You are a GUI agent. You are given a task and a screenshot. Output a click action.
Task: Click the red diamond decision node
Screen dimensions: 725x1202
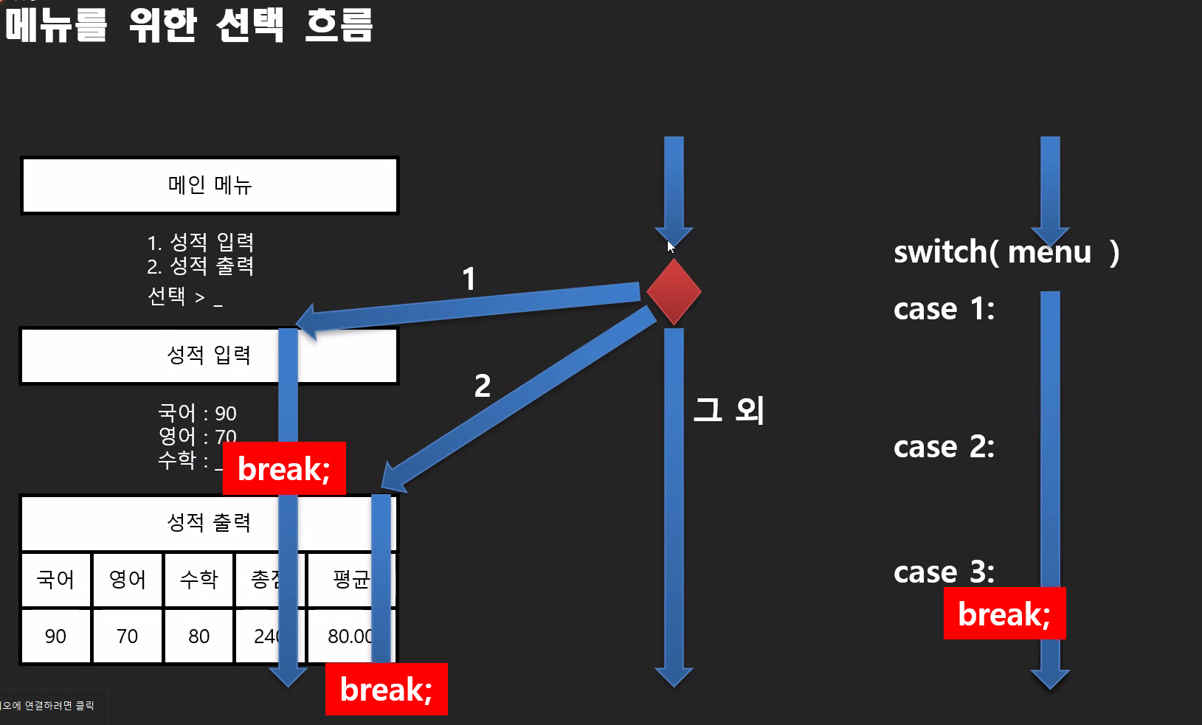tap(673, 291)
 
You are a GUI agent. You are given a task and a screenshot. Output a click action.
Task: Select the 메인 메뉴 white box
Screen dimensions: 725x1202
tap(210, 185)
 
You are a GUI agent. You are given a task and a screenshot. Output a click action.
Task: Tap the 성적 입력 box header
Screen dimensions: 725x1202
tap(209, 355)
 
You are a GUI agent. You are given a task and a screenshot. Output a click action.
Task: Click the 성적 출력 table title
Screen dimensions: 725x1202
tap(209, 523)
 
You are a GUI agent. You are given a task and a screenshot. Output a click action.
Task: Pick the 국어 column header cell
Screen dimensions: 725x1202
tap(56, 580)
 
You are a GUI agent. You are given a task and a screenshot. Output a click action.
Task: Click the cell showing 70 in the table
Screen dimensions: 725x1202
tap(127, 636)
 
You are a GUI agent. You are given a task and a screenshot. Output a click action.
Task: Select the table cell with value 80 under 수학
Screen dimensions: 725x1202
tap(198, 636)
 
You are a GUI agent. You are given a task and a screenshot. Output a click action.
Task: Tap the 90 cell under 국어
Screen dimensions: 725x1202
tap(55, 636)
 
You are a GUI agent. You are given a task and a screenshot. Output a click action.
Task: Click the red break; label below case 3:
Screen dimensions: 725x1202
tap(1004, 614)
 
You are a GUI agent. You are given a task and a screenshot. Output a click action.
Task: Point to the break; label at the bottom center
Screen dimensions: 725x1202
tap(386, 690)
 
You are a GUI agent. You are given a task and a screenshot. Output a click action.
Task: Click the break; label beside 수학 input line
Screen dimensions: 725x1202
tap(284, 469)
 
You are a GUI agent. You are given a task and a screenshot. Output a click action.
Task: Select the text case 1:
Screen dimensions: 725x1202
tap(944, 309)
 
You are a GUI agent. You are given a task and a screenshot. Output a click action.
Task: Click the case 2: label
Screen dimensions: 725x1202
tap(944, 447)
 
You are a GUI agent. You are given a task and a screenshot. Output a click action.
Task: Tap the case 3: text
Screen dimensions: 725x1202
tap(944, 572)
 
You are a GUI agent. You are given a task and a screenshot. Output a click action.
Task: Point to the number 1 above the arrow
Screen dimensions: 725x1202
tap(469, 280)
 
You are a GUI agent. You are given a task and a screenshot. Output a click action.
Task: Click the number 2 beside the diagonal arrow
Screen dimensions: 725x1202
tap(483, 386)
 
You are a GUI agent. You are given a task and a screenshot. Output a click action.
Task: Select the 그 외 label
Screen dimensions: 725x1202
tap(728, 410)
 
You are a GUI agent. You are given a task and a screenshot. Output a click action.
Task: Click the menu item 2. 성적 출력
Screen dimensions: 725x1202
tap(200, 266)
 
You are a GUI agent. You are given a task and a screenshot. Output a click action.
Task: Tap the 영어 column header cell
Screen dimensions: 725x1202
tap(127, 580)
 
